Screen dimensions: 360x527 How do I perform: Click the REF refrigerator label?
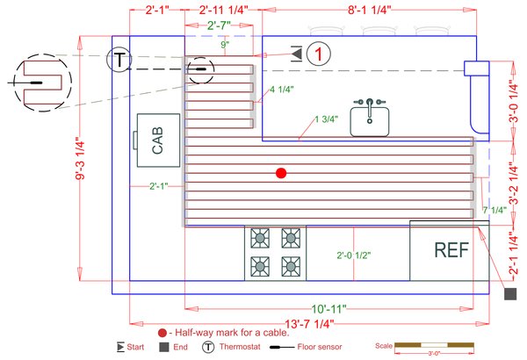(x=451, y=249)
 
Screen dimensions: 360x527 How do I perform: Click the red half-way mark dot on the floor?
(x=281, y=173)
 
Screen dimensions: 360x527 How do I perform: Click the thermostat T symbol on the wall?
(x=117, y=60)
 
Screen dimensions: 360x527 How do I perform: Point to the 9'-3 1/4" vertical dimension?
(x=81, y=162)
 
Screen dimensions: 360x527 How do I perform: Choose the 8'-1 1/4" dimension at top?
(x=369, y=11)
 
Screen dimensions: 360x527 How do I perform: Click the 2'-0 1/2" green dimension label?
(x=354, y=256)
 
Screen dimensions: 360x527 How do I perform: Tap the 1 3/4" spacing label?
(x=326, y=120)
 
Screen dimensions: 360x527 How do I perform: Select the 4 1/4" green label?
(x=282, y=90)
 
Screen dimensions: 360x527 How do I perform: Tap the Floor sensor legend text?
(x=324, y=349)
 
